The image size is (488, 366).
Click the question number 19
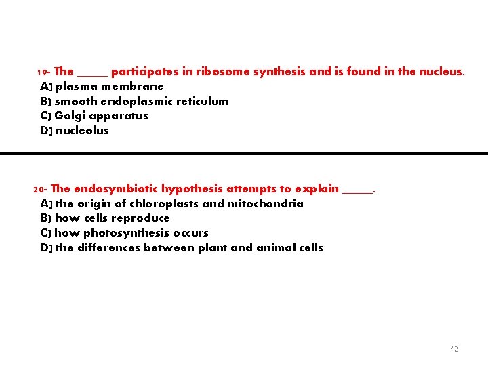(41, 72)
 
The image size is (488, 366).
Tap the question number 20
(39, 189)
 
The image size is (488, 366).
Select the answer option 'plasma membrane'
(109, 86)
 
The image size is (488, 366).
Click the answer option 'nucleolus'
(82, 130)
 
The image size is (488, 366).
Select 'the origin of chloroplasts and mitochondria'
(179, 203)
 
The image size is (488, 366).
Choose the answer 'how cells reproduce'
(112, 218)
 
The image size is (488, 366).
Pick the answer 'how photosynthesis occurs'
(131, 232)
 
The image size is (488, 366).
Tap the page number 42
(454, 349)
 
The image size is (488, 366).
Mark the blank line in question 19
(92, 75)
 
